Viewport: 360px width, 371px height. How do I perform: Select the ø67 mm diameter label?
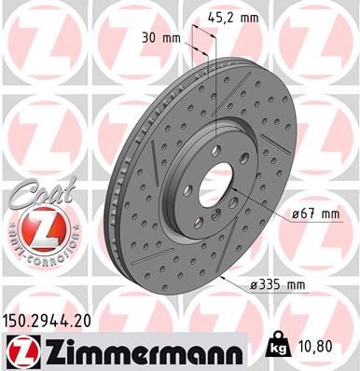point(316,213)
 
